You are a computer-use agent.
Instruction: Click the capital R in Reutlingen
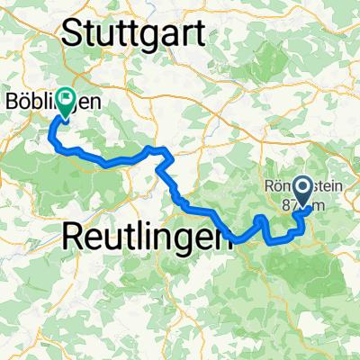tap(75, 237)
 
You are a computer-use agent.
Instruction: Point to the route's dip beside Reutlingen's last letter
tap(239, 239)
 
